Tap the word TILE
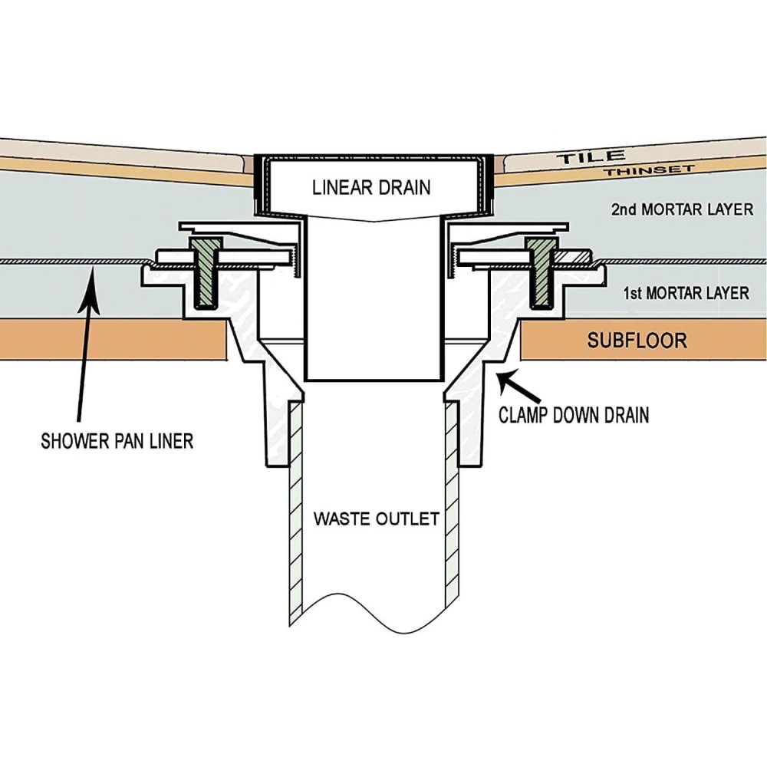point(584,157)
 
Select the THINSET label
point(648,170)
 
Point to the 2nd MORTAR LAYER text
point(682,209)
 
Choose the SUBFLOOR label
point(637,341)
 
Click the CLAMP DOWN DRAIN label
point(574,415)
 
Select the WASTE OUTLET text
point(376,518)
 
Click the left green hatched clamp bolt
point(206,273)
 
